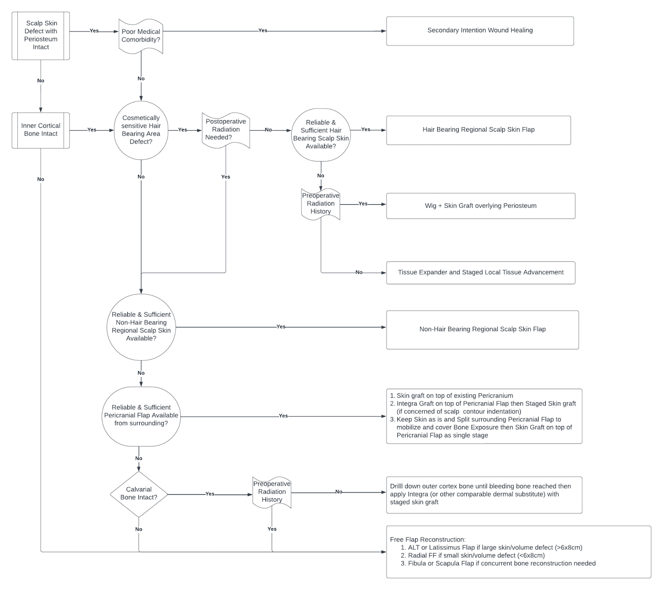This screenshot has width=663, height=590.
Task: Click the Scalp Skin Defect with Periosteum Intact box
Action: click(x=41, y=36)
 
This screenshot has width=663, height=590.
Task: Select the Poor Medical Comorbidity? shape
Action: click(x=141, y=36)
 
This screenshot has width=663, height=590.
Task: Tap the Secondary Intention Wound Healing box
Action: click(x=480, y=31)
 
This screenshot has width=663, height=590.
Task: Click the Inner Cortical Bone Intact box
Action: click(x=41, y=130)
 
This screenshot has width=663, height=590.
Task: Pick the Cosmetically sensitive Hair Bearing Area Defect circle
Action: click(x=141, y=130)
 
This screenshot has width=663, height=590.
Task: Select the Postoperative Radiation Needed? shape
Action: click(x=226, y=130)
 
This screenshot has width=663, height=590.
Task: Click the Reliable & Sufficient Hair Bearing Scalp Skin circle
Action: click(x=321, y=134)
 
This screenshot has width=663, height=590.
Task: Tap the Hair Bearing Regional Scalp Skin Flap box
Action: click(x=478, y=130)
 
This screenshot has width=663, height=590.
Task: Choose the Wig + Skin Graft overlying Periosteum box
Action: click(x=481, y=206)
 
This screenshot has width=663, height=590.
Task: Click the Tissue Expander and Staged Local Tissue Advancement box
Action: click(x=481, y=273)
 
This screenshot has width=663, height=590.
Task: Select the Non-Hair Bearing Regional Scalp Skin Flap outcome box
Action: click(x=482, y=330)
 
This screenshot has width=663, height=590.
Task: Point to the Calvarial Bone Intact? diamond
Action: click(x=139, y=494)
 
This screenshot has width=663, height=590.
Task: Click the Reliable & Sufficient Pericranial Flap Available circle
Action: click(x=141, y=416)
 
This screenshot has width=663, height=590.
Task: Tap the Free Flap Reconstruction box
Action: click(x=518, y=552)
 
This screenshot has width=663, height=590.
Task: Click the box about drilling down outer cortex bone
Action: click(x=484, y=495)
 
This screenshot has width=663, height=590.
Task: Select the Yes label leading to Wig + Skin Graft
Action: click(x=363, y=204)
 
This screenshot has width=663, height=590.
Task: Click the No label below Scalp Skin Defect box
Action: click(x=41, y=81)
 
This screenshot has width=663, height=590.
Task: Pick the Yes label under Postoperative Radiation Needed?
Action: click(x=225, y=177)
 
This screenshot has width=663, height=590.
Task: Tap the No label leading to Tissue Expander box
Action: click(x=359, y=273)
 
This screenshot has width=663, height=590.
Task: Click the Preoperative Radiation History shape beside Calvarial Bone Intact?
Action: click(x=272, y=492)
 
